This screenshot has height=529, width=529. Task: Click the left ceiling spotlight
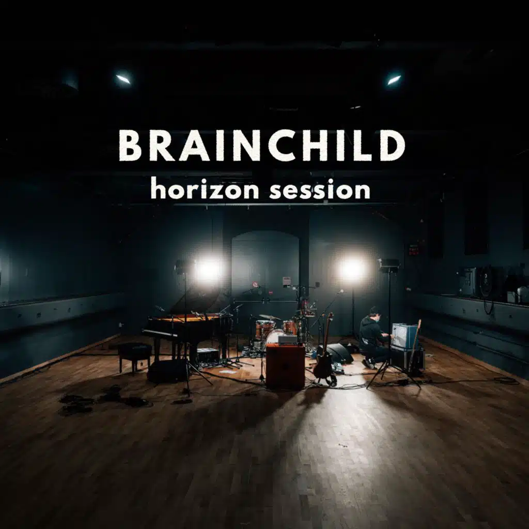tap(123, 79)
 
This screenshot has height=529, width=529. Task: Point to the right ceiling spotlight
tap(394, 80)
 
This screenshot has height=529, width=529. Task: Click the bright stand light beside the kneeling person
tap(352, 269)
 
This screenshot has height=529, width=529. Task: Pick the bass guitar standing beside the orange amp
tap(324, 356)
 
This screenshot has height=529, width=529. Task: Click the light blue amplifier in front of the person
tap(404, 336)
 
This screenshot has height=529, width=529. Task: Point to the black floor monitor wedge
tap(338, 353)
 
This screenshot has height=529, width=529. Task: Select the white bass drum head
tap(274, 336)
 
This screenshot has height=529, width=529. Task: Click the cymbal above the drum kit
tap(269, 317)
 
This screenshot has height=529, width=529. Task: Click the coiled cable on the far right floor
tap(506, 381)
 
